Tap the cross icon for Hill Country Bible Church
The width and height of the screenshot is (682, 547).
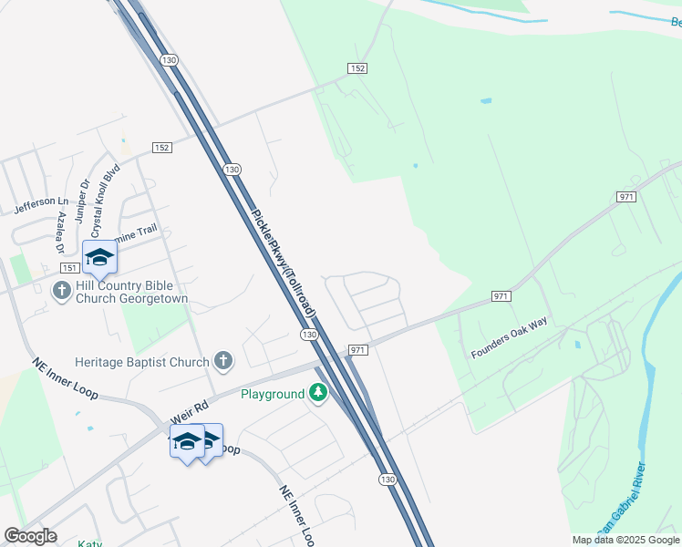(x=62, y=290)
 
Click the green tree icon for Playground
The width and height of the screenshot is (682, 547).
(x=317, y=393)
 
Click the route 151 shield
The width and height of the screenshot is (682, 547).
(x=70, y=267)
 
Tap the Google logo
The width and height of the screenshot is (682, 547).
(x=30, y=536)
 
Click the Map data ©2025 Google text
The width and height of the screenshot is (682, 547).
(x=625, y=540)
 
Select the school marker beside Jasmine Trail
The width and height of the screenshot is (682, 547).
(x=99, y=257)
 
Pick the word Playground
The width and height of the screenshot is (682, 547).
(x=272, y=394)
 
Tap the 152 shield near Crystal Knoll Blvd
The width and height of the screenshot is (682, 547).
(x=162, y=148)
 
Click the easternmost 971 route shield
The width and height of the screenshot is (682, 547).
(x=625, y=197)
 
